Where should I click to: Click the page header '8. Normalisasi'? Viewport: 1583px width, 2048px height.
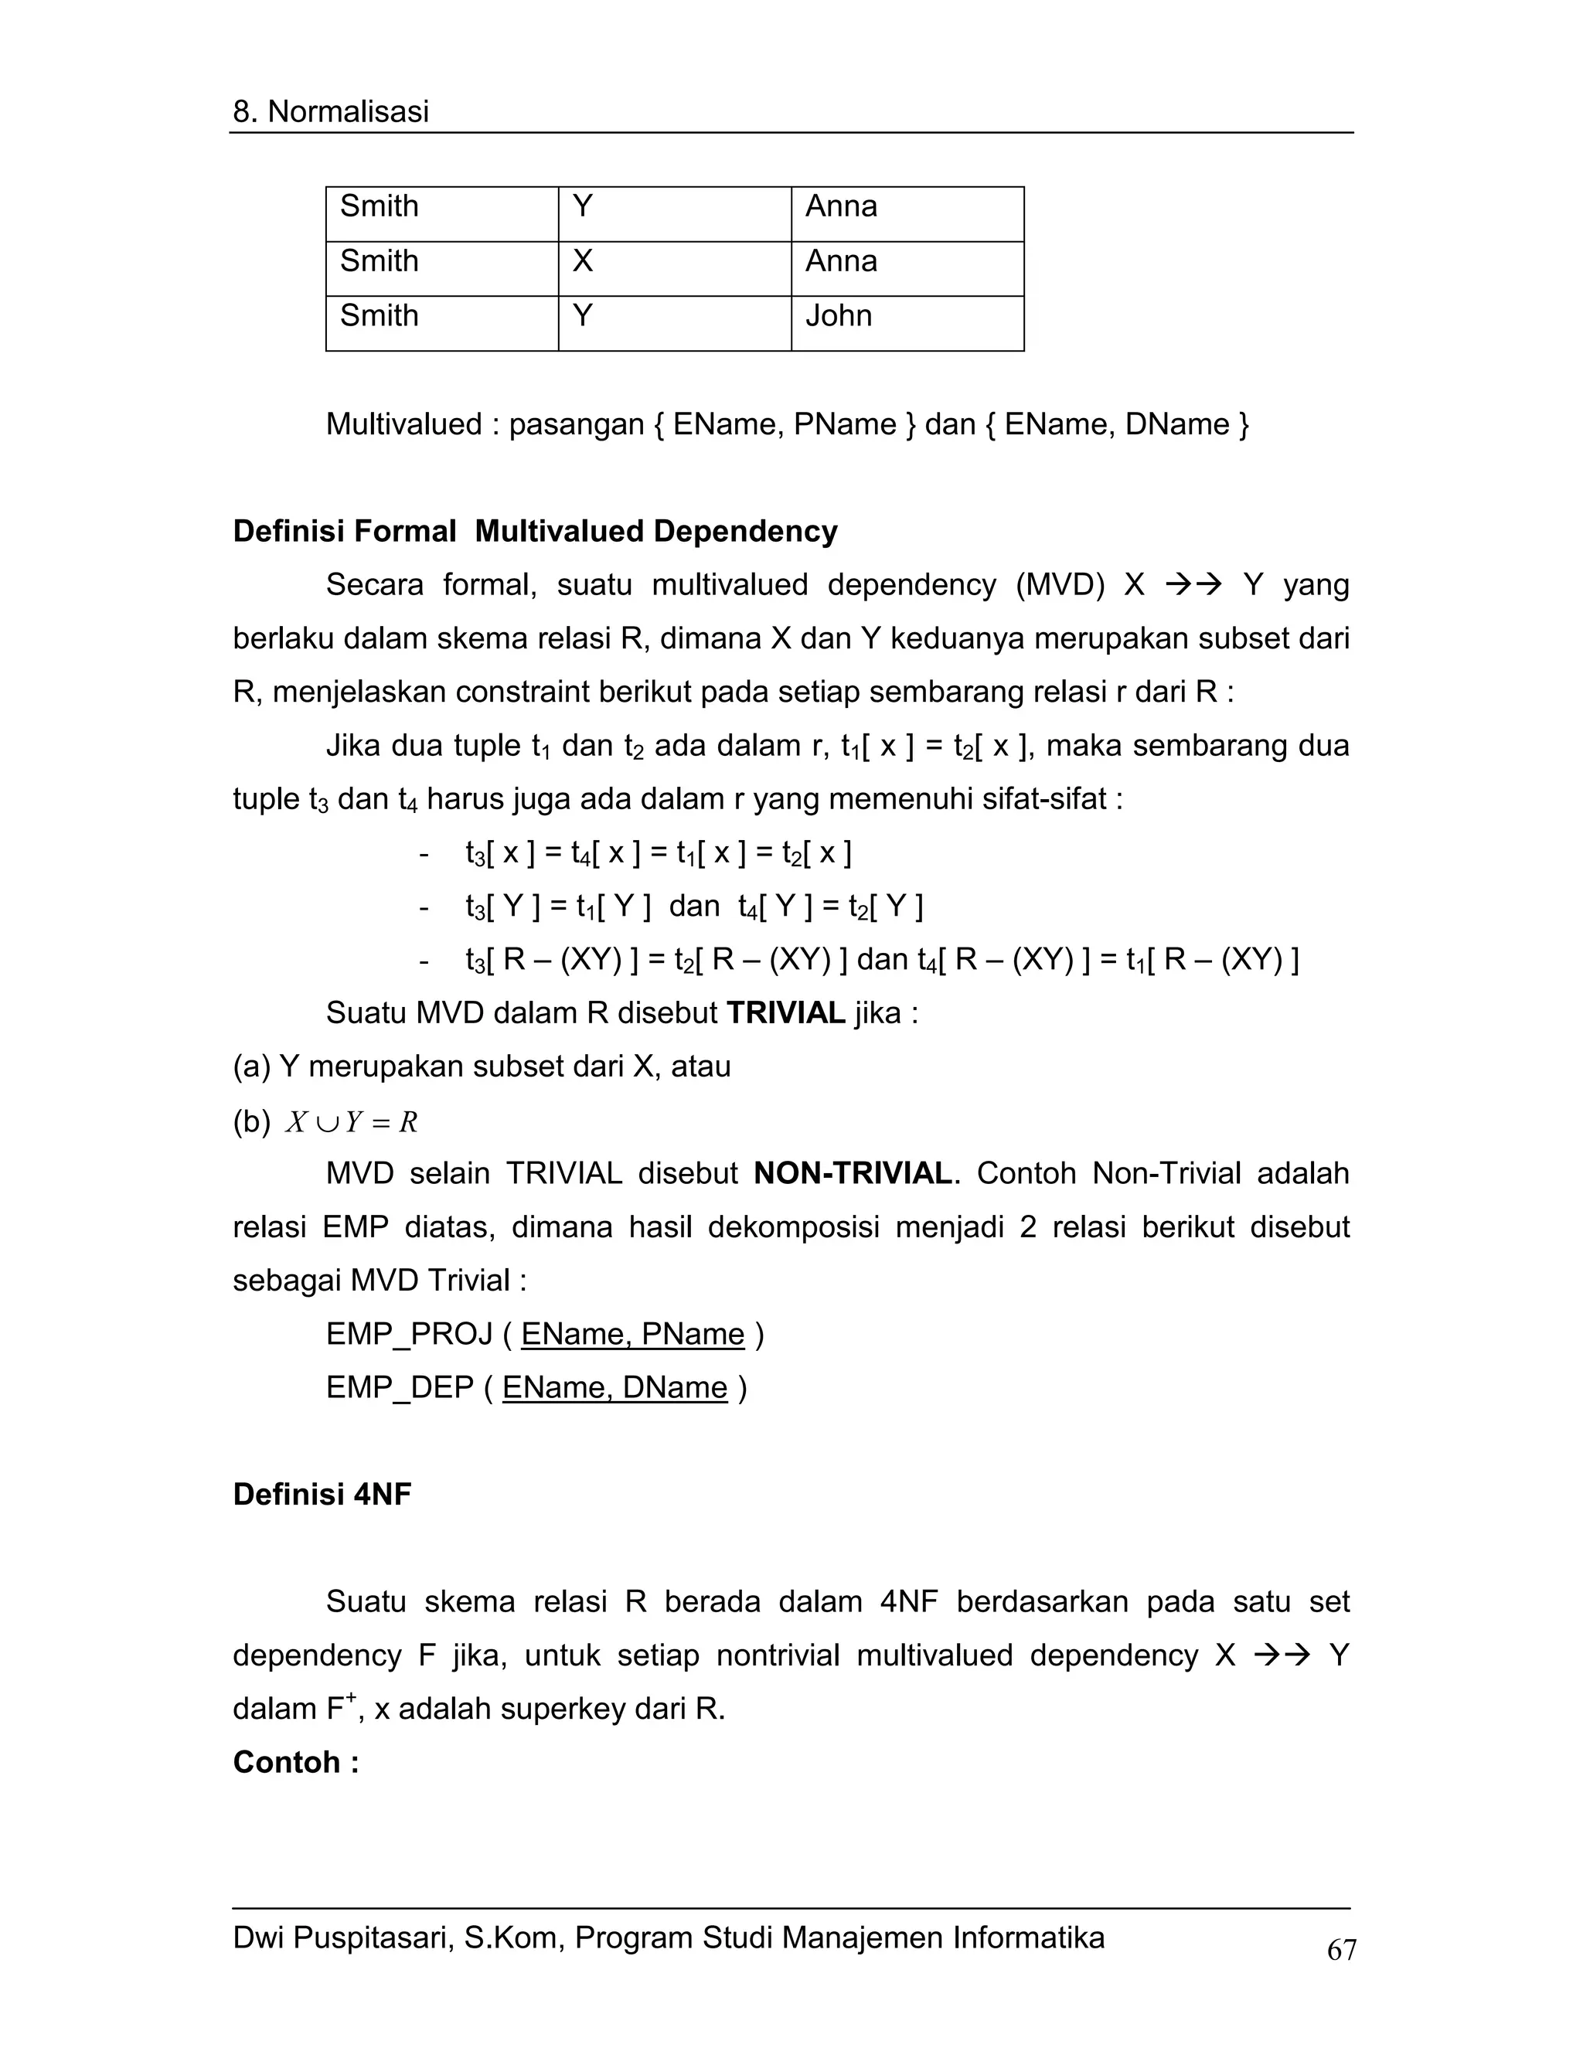[330, 111]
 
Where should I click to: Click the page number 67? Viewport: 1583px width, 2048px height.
[1341, 1950]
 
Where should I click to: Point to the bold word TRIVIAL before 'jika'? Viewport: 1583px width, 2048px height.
[786, 1012]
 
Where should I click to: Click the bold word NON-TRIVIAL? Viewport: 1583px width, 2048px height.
[853, 1173]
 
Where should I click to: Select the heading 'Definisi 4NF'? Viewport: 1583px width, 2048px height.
[322, 1494]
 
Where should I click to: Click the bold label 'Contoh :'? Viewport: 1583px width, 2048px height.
[295, 1762]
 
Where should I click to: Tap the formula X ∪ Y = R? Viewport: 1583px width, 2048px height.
[352, 1121]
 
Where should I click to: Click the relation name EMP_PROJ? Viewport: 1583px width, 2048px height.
[409, 1333]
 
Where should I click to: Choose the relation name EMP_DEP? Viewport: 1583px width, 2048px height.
[400, 1387]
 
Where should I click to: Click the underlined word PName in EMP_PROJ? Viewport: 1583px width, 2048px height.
[693, 1333]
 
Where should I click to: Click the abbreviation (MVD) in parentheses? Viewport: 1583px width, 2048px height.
[1060, 585]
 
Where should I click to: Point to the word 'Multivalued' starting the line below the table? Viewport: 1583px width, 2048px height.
[403, 425]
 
